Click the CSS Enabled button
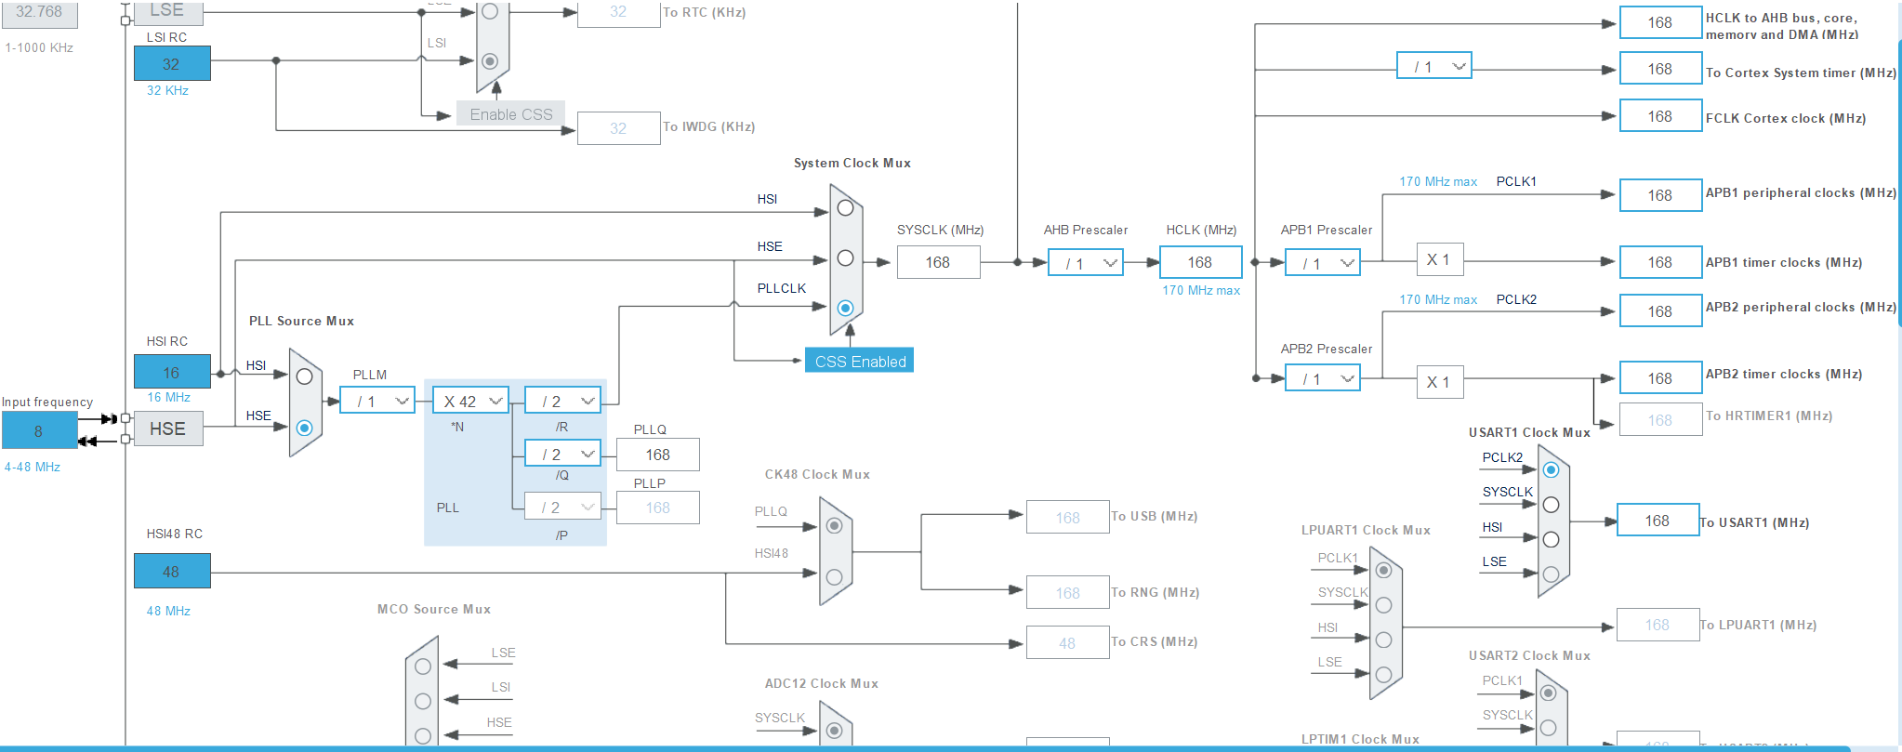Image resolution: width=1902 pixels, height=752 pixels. pos(859,361)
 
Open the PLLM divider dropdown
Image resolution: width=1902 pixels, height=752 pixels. pos(376,401)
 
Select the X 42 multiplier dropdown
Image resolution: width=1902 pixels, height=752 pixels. pos(470,401)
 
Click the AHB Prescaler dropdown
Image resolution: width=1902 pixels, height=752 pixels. pos(1085,263)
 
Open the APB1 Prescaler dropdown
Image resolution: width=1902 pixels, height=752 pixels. pos(1322,263)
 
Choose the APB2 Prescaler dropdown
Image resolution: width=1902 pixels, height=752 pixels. pos(1322,378)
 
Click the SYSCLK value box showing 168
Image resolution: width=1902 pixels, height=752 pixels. pos(937,262)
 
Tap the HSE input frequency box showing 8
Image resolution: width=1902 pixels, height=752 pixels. pos(39,430)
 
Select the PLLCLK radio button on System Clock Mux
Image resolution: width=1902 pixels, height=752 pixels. pos(845,308)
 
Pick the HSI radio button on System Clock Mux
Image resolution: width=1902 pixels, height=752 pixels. pos(845,208)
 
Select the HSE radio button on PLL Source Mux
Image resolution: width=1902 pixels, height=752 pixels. pos(304,428)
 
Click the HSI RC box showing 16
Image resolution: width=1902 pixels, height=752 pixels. pos(172,372)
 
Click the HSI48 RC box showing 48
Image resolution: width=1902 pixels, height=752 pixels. pos(172,571)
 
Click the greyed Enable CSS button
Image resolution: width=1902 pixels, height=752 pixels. pos(510,113)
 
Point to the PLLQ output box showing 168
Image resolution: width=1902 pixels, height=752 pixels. pos(657,455)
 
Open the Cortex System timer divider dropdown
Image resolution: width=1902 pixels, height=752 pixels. pos(1433,66)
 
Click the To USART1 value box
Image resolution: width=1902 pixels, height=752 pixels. pos(1658,521)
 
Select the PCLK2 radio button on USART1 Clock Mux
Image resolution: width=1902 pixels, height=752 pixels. pos(1551,470)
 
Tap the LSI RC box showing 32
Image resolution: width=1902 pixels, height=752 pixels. pos(172,63)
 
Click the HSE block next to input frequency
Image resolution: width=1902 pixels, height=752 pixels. pos(168,429)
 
